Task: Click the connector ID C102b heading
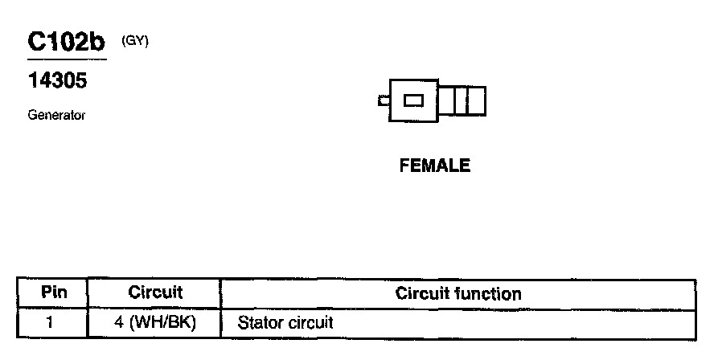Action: (66, 43)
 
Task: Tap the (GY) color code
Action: (134, 41)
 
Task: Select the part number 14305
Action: (57, 81)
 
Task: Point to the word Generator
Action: (56, 115)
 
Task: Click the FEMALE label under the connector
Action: (434, 166)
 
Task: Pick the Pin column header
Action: (53, 292)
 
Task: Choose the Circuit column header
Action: (155, 292)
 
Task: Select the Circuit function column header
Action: (458, 293)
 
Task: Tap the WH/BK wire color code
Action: (164, 323)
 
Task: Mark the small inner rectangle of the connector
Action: (413, 100)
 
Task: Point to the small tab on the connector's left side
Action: (383, 100)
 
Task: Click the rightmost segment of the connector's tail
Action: (476, 100)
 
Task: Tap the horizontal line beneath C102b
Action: (66, 60)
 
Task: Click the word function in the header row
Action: (492, 293)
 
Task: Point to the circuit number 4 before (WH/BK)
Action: (118, 323)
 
